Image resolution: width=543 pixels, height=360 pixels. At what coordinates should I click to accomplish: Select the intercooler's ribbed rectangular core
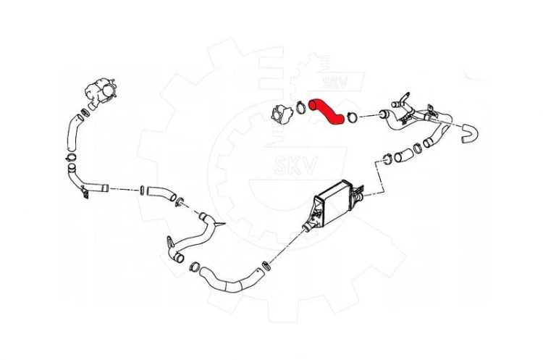click(334, 204)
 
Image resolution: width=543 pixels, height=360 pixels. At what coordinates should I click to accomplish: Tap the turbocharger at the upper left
click(101, 91)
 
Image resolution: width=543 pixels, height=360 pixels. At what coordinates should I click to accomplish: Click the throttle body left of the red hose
click(282, 114)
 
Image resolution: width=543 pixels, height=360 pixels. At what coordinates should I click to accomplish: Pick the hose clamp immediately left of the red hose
click(300, 107)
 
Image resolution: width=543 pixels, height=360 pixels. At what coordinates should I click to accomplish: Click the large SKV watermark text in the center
click(296, 166)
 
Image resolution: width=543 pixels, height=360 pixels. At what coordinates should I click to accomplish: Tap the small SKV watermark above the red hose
click(335, 83)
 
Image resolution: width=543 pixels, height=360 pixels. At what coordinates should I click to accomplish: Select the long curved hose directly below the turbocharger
click(72, 133)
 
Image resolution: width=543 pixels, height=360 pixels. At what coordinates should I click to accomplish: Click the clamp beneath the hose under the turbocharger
click(71, 157)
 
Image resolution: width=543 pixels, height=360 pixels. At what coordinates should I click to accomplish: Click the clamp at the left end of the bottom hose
click(195, 267)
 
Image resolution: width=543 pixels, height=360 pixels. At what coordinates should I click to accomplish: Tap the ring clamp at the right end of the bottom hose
click(266, 265)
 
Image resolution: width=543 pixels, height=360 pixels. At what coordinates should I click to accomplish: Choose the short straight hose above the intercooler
click(403, 156)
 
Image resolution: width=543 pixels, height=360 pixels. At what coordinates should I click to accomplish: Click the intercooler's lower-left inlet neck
click(307, 226)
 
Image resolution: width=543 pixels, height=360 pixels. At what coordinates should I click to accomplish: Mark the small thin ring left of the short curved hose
click(142, 190)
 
